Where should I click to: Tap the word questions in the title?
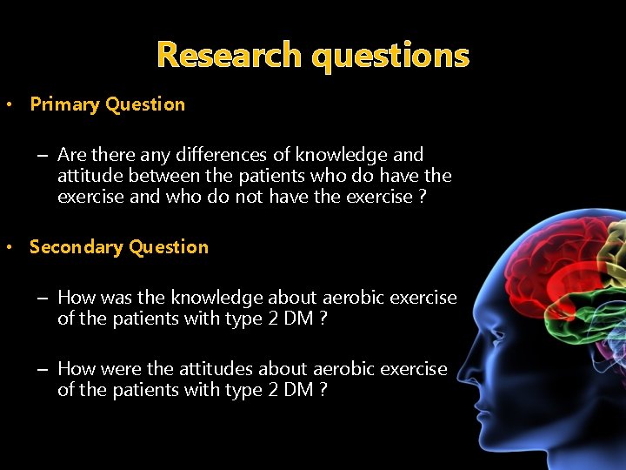(390, 56)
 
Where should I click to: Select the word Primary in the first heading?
(64, 104)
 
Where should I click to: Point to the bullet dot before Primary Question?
(8, 105)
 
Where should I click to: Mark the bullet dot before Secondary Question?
(8, 248)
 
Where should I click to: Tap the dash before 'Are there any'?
(42, 155)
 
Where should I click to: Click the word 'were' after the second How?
(121, 369)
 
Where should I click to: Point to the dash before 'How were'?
(42, 369)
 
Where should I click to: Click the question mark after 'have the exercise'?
(423, 197)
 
